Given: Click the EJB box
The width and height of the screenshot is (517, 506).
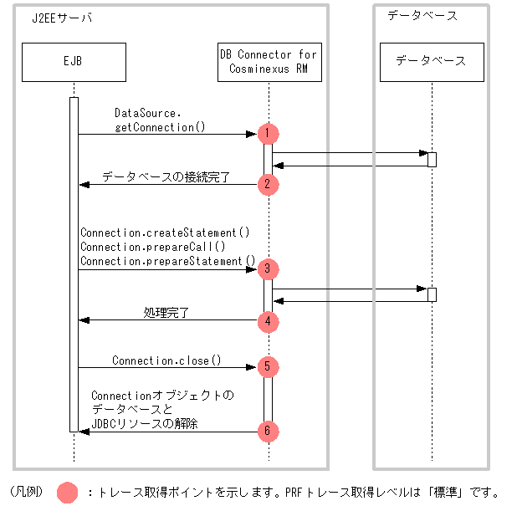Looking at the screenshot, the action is pos(74,62).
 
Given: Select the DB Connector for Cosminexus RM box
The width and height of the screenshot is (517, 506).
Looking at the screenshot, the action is pos(269,62).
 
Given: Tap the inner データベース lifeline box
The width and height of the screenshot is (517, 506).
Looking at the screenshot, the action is pos(432,62).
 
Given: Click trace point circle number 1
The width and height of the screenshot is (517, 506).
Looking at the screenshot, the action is pos(268,134).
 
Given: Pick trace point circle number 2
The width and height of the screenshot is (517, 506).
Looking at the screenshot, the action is pos(268,184).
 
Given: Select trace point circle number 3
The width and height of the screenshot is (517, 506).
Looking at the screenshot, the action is pos(268,269).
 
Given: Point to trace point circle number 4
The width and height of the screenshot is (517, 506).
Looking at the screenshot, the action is pos(268,322).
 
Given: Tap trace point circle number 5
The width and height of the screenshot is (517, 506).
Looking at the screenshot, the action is pos(268,367).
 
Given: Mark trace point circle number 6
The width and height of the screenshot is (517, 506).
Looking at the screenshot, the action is pos(268,432).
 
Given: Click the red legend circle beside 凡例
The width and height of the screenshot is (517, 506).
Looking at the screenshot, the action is pos(67,493).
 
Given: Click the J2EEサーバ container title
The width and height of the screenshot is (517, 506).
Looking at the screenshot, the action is pos(62,18).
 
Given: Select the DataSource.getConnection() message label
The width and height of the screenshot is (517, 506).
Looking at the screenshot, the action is pos(160,120).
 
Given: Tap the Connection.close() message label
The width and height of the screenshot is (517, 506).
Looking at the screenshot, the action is pos(166,360).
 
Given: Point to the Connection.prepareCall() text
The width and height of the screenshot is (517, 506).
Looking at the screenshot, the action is pos(153,247).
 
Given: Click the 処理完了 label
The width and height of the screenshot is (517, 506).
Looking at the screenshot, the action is pos(166,313).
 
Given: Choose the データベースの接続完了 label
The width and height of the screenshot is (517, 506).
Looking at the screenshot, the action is pos(166,177).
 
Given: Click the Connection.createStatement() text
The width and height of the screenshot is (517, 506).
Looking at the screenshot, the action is pos(165,233).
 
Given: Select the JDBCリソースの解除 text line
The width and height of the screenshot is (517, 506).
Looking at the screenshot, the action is pos(145,423).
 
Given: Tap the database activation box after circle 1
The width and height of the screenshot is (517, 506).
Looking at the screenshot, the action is pos(432,160).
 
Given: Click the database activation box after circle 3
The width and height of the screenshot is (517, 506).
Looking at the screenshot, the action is pos(432,294).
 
